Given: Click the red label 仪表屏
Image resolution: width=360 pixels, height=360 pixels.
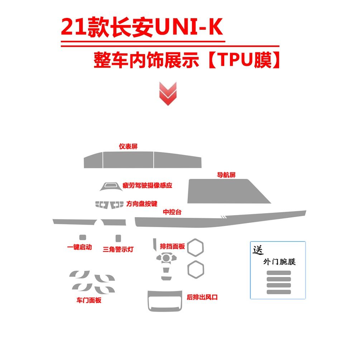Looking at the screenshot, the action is [128, 147].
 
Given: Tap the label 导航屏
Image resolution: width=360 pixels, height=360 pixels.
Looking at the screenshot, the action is [226, 175].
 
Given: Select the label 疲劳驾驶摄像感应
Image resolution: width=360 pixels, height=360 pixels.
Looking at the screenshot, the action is [147, 186].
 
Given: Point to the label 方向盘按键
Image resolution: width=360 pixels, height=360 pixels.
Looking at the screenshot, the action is [142, 204].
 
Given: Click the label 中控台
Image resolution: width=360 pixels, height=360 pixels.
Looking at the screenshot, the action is [172, 212].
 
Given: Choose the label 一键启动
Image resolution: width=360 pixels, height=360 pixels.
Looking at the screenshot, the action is [80, 247].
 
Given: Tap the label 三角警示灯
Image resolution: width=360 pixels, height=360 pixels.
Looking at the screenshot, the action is [118, 249].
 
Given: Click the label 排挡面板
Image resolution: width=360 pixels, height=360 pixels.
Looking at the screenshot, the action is [172, 246].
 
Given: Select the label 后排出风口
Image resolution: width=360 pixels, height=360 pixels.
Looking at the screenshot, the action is [202, 297].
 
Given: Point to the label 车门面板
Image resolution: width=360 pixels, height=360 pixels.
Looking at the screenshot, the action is [89, 300].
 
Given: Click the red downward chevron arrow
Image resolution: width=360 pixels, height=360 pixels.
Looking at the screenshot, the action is [168, 93].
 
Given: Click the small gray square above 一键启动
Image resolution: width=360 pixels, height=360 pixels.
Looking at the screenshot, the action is [82, 237].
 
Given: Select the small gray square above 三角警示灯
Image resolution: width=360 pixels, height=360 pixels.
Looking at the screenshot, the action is [118, 237].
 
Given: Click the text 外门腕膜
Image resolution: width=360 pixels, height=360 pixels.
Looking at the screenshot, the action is [279, 262].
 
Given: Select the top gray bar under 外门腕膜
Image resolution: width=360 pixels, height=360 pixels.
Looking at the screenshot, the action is [279, 273].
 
